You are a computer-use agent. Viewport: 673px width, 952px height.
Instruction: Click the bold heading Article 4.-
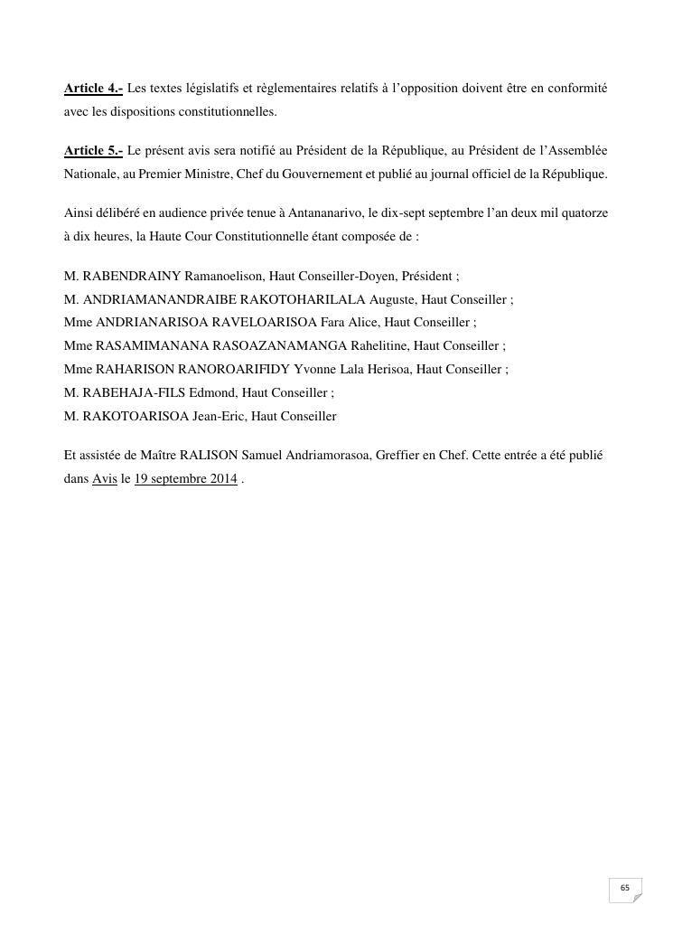tap(93, 89)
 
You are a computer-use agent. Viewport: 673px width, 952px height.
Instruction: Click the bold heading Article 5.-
tap(93, 150)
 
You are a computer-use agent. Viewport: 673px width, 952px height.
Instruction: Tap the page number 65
tap(624, 888)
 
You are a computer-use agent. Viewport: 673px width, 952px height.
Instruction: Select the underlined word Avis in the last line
tap(105, 479)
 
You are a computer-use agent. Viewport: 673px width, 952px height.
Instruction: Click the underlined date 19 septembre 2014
tap(185, 479)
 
